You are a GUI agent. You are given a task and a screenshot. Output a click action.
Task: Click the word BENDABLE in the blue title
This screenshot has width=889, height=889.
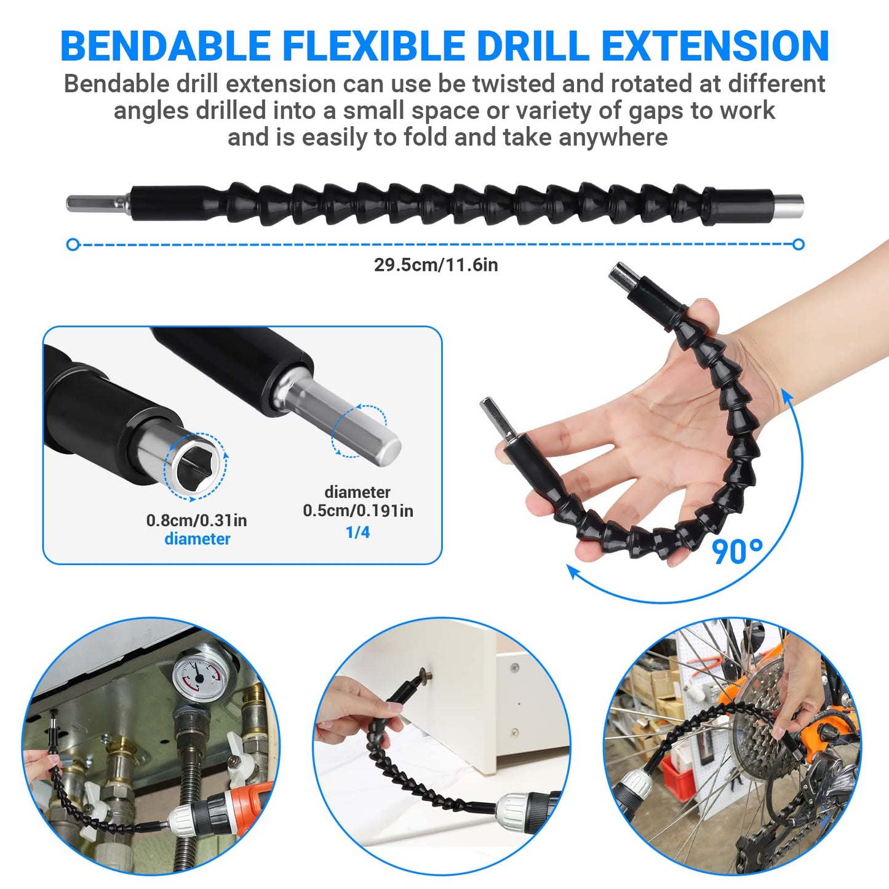coord(165,46)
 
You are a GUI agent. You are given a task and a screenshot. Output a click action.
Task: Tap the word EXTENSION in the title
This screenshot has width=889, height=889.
coord(715,46)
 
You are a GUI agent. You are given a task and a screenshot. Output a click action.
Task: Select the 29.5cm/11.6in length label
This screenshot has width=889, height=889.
coord(436,265)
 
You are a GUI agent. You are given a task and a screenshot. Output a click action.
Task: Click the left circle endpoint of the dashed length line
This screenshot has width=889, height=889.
coord(73,245)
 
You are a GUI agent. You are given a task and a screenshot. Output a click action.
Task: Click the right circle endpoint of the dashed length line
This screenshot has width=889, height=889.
coord(799,245)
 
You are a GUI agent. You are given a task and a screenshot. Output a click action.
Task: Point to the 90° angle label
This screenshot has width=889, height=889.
coord(737,551)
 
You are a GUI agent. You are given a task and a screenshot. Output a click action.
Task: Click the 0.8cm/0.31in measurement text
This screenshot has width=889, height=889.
coord(196,520)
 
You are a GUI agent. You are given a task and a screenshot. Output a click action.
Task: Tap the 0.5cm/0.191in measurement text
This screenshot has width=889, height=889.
coord(357,511)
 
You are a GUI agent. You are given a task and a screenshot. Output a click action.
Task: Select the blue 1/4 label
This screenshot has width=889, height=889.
coord(357,532)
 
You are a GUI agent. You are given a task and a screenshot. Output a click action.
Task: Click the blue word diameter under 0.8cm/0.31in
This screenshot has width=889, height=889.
coord(197,539)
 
